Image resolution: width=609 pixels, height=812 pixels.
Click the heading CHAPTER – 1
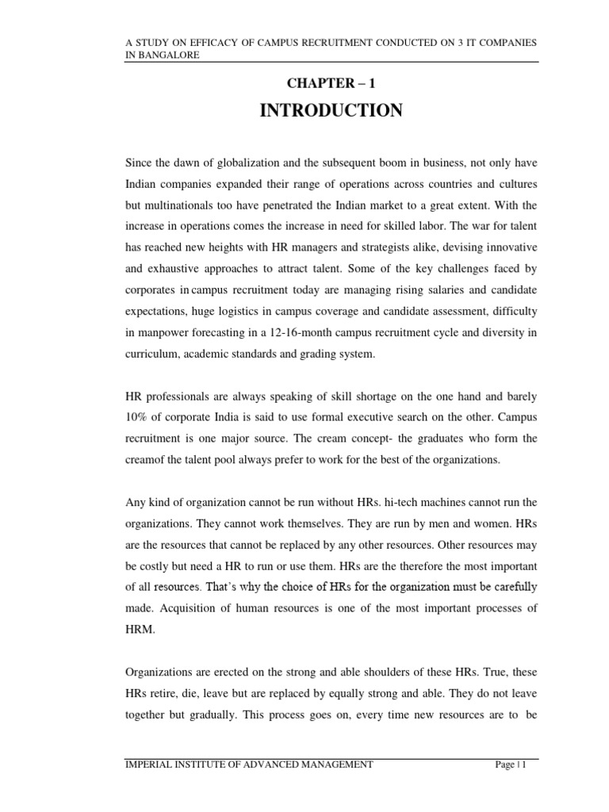click(x=331, y=82)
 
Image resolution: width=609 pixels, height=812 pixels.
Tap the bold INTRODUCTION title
click(x=331, y=111)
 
